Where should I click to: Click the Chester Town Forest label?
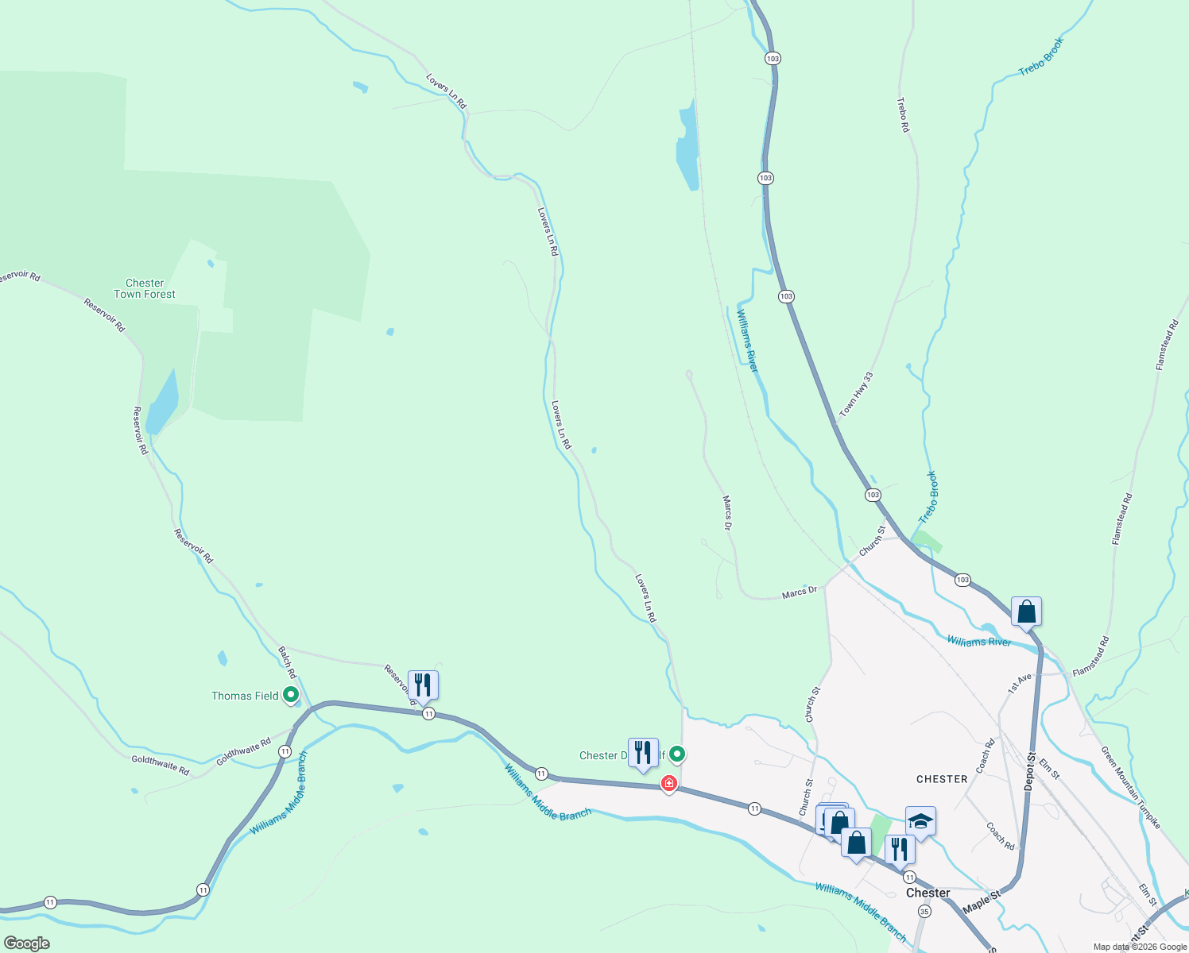[x=145, y=288]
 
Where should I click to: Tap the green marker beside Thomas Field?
[x=291, y=695]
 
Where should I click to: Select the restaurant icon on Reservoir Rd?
[x=423, y=685]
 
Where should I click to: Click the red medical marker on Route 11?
[x=669, y=784]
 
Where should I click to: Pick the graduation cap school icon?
[x=920, y=822]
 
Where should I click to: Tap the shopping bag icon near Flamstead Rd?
[x=1026, y=612]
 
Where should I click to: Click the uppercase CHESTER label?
[x=942, y=779]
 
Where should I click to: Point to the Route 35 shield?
[x=924, y=912]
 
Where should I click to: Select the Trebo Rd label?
[x=903, y=114]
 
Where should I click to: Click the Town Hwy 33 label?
[x=856, y=395]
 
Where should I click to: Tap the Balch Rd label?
[x=286, y=662]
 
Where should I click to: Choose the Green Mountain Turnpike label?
[x=1130, y=787]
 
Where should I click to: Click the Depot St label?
[x=1030, y=770]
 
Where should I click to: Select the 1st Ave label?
[x=1019, y=683]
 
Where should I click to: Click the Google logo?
[x=27, y=943]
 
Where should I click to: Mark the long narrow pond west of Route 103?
[x=687, y=147]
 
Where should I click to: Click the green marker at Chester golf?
[x=676, y=753]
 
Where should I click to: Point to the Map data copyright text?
[x=1139, y=947]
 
